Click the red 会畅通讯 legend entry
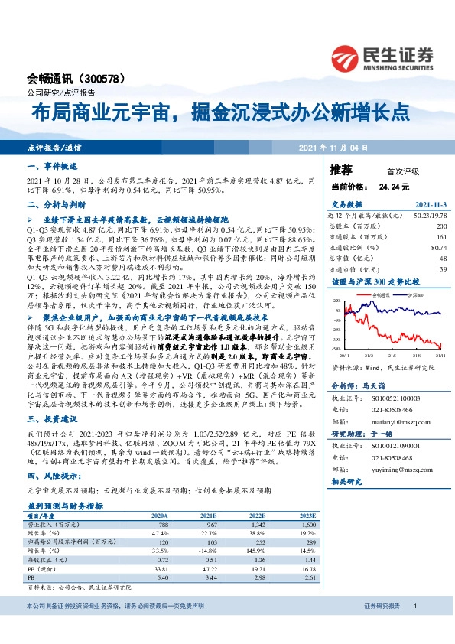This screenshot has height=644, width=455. tap(379, 293)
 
